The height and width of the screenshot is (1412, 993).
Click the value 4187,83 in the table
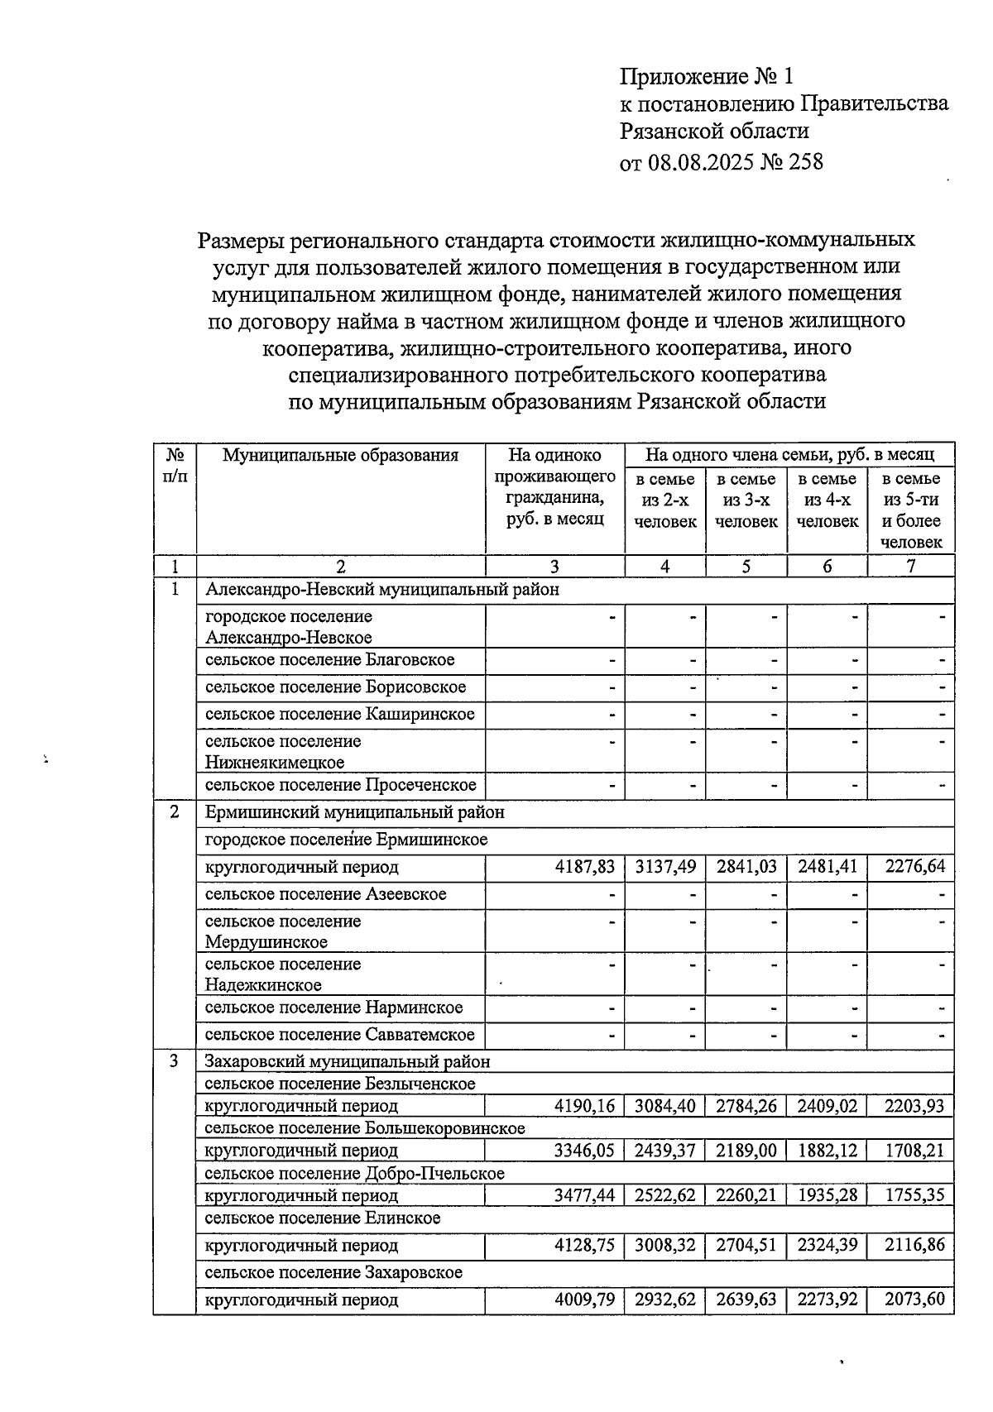tap(585, 867)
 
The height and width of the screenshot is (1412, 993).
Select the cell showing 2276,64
tap(914, 867)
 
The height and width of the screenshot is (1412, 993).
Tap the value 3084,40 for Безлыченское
tap(665, 1106)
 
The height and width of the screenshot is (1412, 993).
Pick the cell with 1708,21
tap(914, 1151)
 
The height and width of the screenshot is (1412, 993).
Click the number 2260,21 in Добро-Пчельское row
tap(746, 1195)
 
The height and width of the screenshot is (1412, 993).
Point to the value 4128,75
tap(585, 1245)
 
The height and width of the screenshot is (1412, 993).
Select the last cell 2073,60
tap(914, 1300)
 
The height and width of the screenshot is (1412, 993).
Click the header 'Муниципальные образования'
tap(340, 455)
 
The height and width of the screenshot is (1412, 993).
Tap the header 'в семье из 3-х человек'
tap(746, 500)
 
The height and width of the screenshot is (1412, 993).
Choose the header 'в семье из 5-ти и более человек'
tap(911, 510)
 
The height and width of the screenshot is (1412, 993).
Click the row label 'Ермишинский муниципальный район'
tap(355, 812)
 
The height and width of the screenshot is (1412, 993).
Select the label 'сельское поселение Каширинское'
tap(340, 714)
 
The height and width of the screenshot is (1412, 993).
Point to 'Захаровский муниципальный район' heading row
tap(348, 1061)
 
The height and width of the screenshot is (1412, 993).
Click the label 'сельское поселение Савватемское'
tap(340, 1035)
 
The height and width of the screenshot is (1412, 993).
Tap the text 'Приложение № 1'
tap(707, 77)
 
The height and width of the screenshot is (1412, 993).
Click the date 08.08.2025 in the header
tap(701, 161)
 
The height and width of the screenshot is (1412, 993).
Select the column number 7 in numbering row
tap(911, 567)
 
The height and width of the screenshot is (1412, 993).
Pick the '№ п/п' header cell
tap(175, 466)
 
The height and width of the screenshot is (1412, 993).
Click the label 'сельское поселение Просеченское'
tap(341, 784)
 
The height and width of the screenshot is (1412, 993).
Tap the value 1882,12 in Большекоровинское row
tap(827, 1151)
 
